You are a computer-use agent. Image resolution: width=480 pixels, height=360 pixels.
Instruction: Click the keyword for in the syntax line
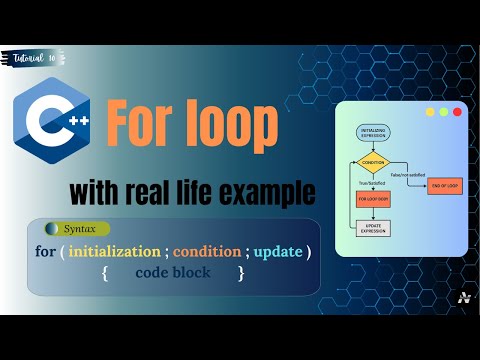coord(45,249)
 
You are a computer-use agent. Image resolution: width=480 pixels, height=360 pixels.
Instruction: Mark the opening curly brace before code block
coord(104,271)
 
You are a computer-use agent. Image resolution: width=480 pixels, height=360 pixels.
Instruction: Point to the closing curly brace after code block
coord(241,271)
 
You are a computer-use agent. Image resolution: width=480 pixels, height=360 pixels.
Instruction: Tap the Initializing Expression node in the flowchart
coord(372,132)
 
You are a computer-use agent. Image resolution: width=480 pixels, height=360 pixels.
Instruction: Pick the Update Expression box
coord(372,228)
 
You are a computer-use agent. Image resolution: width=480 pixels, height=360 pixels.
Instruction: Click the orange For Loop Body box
coord(372,198)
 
